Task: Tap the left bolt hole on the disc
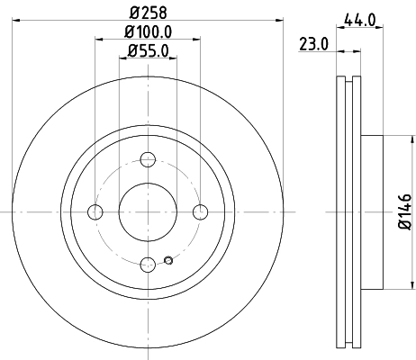(95, 212)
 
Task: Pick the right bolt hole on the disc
(201, 211)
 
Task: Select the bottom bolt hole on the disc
(148, 265)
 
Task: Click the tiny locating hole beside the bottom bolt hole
(168, 262)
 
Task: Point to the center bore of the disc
(148, 211)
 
